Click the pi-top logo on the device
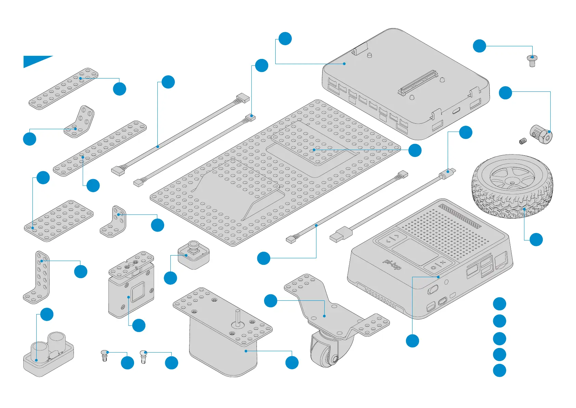pos(392,264)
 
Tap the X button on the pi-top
pos(443,262)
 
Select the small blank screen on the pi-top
pos(415,251)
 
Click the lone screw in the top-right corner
pos(532,61)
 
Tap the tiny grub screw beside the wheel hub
pos(523,141)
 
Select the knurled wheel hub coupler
pos(541,135)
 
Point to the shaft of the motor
pos(237,317)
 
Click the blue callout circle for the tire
pos(536,239)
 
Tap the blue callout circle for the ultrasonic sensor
pos(47,314)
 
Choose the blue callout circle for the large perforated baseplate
pos(415,150)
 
